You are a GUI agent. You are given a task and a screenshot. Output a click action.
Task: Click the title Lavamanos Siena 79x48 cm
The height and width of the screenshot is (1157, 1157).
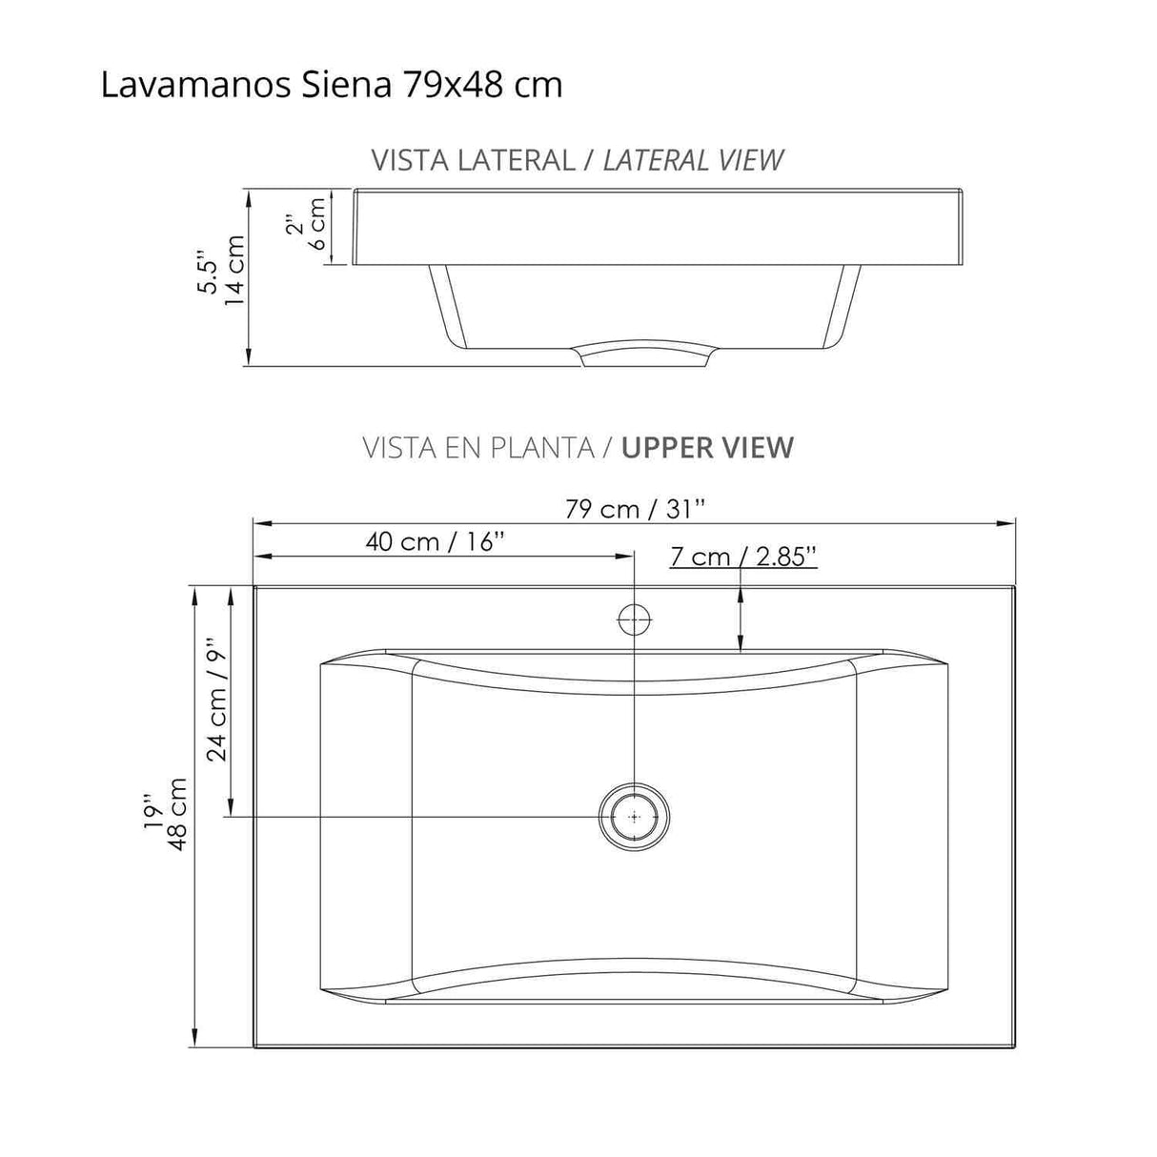331,85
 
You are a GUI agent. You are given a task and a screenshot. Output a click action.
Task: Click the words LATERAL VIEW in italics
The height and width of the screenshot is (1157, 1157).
693,160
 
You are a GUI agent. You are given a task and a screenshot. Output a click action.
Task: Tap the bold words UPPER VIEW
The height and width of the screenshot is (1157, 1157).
707,447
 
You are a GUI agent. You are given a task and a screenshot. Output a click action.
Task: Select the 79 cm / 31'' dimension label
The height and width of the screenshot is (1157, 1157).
635,509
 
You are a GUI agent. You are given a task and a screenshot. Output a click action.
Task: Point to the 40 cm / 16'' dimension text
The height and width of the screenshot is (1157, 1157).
435,542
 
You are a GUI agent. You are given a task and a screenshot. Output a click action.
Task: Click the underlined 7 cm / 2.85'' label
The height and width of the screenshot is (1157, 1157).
743,557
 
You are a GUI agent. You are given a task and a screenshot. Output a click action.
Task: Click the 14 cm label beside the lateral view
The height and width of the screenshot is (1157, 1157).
233,270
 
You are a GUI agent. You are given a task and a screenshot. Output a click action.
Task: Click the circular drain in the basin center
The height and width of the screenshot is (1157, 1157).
634,817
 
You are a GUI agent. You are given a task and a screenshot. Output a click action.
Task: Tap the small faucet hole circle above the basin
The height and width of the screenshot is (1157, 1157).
635,620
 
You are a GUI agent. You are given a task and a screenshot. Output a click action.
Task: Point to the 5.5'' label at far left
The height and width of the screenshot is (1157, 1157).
206,274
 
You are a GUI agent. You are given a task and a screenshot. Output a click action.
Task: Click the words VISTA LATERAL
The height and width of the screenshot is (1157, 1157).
473,160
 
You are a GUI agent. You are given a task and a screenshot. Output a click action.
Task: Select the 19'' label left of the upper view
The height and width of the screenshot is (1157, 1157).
152,812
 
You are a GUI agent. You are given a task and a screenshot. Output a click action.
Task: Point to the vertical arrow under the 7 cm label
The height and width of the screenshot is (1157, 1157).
741,619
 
